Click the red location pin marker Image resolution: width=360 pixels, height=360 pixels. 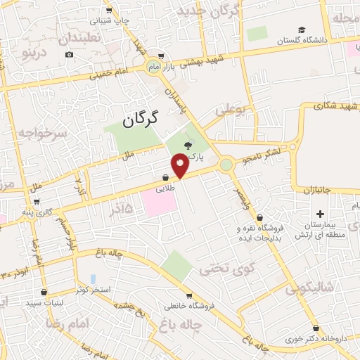[x=180, y=167]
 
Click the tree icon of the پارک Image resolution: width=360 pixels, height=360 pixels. [x=188, y=145]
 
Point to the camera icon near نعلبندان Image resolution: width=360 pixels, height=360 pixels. [x=69, y=54]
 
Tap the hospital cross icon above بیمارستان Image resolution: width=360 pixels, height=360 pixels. [x=321, y=213]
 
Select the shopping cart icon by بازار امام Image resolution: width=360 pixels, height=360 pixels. [x=162, y=56]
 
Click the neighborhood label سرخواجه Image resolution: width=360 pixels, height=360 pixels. [x=42, y=133]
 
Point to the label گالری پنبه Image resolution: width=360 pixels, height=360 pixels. [x=36, y=211]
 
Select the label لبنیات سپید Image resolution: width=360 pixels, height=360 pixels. [x=44, y=302]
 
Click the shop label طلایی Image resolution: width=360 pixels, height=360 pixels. [x=163, y=188]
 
